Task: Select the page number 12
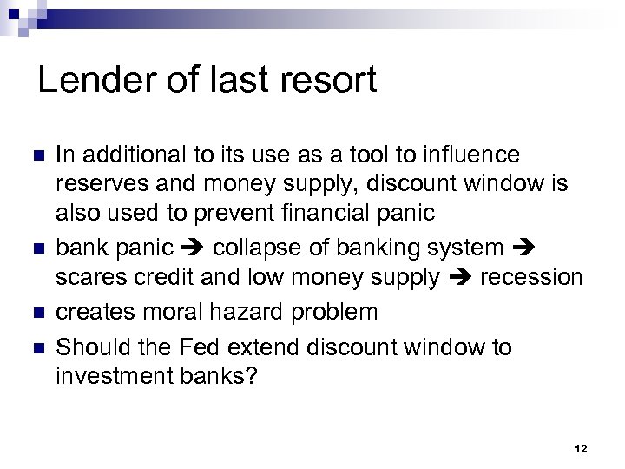(581, 448)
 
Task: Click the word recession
(531, 278)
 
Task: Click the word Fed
(223, 347)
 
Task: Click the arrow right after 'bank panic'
(193, 248)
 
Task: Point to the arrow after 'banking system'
(522, 248)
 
